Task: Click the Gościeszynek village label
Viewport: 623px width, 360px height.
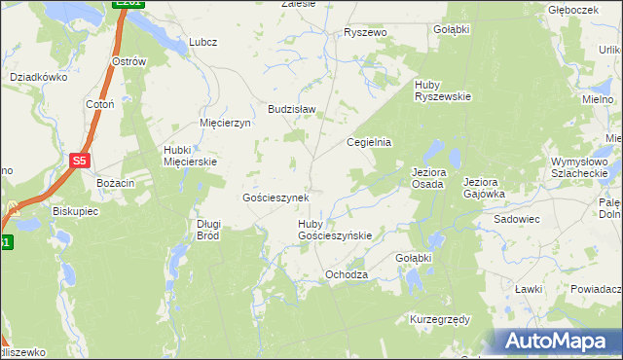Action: click(x=275, y=198)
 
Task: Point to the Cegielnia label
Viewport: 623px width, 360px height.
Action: click(x=370, y=141)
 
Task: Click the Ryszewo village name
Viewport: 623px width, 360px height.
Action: click(x=365, y=32)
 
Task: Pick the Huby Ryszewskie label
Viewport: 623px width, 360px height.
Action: click(x=442, y=90)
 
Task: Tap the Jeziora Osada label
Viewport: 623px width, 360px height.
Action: click(x=427, y=178)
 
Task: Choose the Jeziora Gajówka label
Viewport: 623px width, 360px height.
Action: click(x=484, y=188)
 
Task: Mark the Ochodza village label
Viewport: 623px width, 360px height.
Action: click(x=347, y=275)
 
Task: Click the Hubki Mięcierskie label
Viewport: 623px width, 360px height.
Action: click(x=190, y=156)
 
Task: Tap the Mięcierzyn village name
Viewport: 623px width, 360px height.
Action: click(x=225, y=124)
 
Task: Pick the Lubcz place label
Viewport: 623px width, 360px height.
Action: click(x=202, y=42)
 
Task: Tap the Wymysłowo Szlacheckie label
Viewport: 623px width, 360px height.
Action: click(x=579, y=166)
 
